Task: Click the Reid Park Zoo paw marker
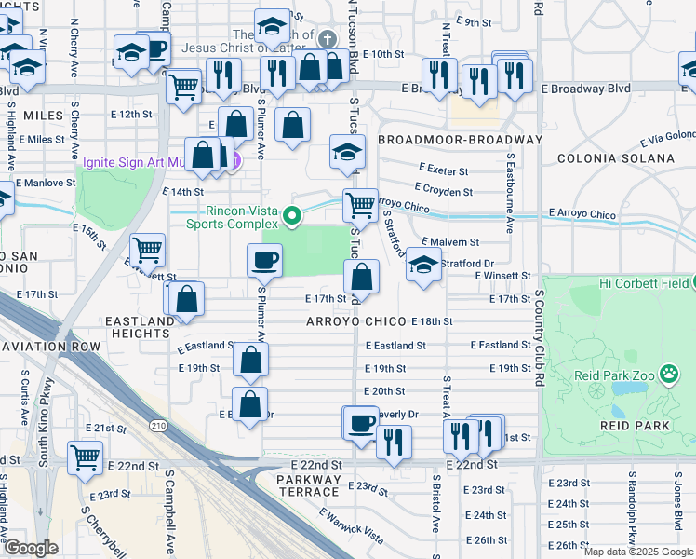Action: (x=668, y=375)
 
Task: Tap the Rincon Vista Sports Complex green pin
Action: (x=293, y=217)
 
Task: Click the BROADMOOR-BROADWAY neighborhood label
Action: (x=460, y=139)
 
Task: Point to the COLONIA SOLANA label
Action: (x=615, y=158)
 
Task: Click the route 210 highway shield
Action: (x=158, y=427)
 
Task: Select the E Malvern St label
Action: (x=450, y=241)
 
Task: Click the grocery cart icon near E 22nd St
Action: (x=85, y=457)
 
